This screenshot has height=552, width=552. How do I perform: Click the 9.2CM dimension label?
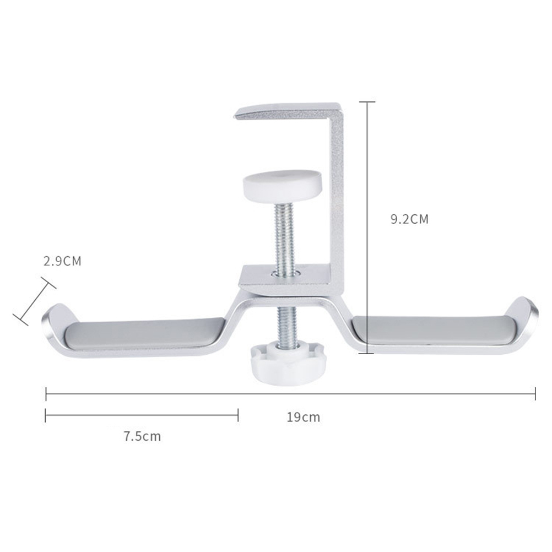pyautogui.click(x=409, y=219)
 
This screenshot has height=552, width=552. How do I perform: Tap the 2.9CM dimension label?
pyautogui.click(x=62, y=261)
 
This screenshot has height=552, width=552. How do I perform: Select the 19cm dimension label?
pyautogui.click(x=303, y=417)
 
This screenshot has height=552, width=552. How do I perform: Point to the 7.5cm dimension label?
pyautogui.click(x=142, y=436)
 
